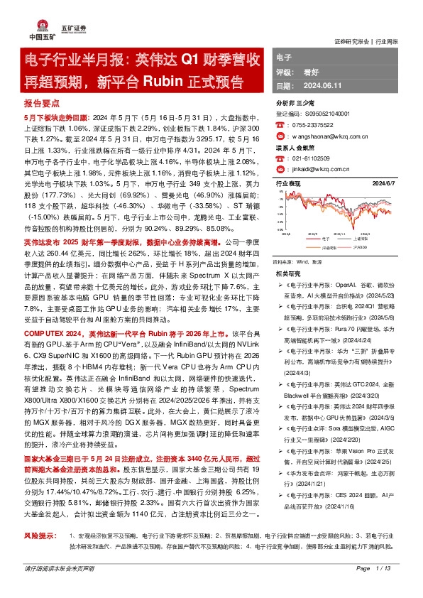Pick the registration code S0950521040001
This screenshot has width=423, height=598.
[317, 114]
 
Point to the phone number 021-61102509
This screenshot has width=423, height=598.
[310, 160]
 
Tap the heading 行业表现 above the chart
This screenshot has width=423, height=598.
[287, 183]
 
